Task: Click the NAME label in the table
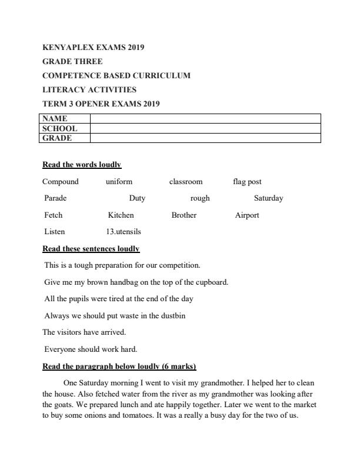pyautogui.click(x=55, y=118)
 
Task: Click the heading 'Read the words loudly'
pyautogui.click(x=82, y=165)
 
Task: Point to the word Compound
pyautogui.click(x=60, y=182)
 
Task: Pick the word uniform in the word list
pyautogui.click(x=119, y=182)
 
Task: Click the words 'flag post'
pyautogui.click(x=247, y=182)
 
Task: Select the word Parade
pyautogui.click(x=55, y=198)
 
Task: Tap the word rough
pyautogui.click(x=200, y=198)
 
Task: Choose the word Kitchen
pyautogui.click(x=121, y=215)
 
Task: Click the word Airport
pyautogui.click(x=247, y=215)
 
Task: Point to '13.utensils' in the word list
pyautogui.click(x=124, y=232)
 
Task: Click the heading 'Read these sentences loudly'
pyautogui.click(x=91, y=249)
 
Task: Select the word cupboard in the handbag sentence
pyautogui.click(x=209, y=282)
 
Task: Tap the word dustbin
pyautogui.click(x=172, y=315)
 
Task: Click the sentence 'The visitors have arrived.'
pyautogui.click(x=84, y=332)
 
